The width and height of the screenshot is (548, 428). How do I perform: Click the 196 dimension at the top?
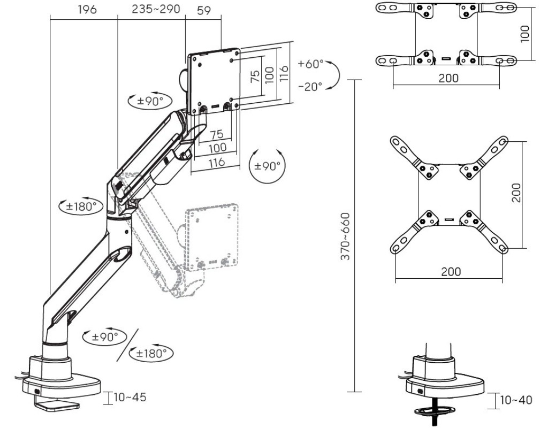[x=87, y=10]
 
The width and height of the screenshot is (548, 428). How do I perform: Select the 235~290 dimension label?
[x=156, y=9]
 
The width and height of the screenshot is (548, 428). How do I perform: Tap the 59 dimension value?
[x=204, y=11]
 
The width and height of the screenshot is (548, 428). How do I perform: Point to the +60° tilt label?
[x=311, y=64]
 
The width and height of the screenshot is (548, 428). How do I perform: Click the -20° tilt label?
[x=310, y=86]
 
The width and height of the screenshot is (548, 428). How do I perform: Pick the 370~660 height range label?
[x=345, y=236]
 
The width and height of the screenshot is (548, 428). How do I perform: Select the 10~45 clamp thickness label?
[x=130, y=398]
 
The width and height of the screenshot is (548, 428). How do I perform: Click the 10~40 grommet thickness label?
[x=516, y=400]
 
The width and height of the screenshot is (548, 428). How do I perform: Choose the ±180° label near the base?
[x=151, y=353]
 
